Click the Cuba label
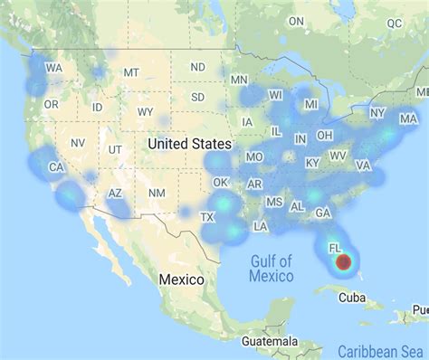(351, 298)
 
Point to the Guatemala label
(271, 341)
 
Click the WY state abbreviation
(145, 112)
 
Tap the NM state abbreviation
(157, 193)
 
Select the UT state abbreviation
(115, 149)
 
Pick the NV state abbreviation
(78, 143)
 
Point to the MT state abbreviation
(132, 72)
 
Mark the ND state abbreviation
(197, 67)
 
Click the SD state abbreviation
(197, 96)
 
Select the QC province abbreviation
(393, 25)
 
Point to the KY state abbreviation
(312, 163)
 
